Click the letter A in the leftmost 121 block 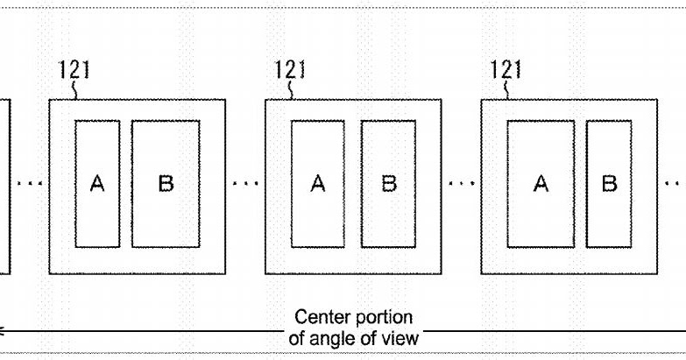point(97,183)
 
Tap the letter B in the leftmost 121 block point(166,183)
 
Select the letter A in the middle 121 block point(318,183)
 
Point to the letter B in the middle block point(389,183)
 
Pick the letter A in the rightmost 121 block point(541,183)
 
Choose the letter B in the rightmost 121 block point(610,183)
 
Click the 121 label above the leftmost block point(74,69)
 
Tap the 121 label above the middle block point(290,69)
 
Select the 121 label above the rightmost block point(506,69)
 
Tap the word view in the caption point(400,338)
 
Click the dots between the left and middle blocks point(245,184)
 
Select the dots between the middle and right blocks point(462,184)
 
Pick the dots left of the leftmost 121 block point(30,184)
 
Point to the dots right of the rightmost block point(675,184)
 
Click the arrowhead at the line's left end point(1,331)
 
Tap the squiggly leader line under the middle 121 point(289,89)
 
